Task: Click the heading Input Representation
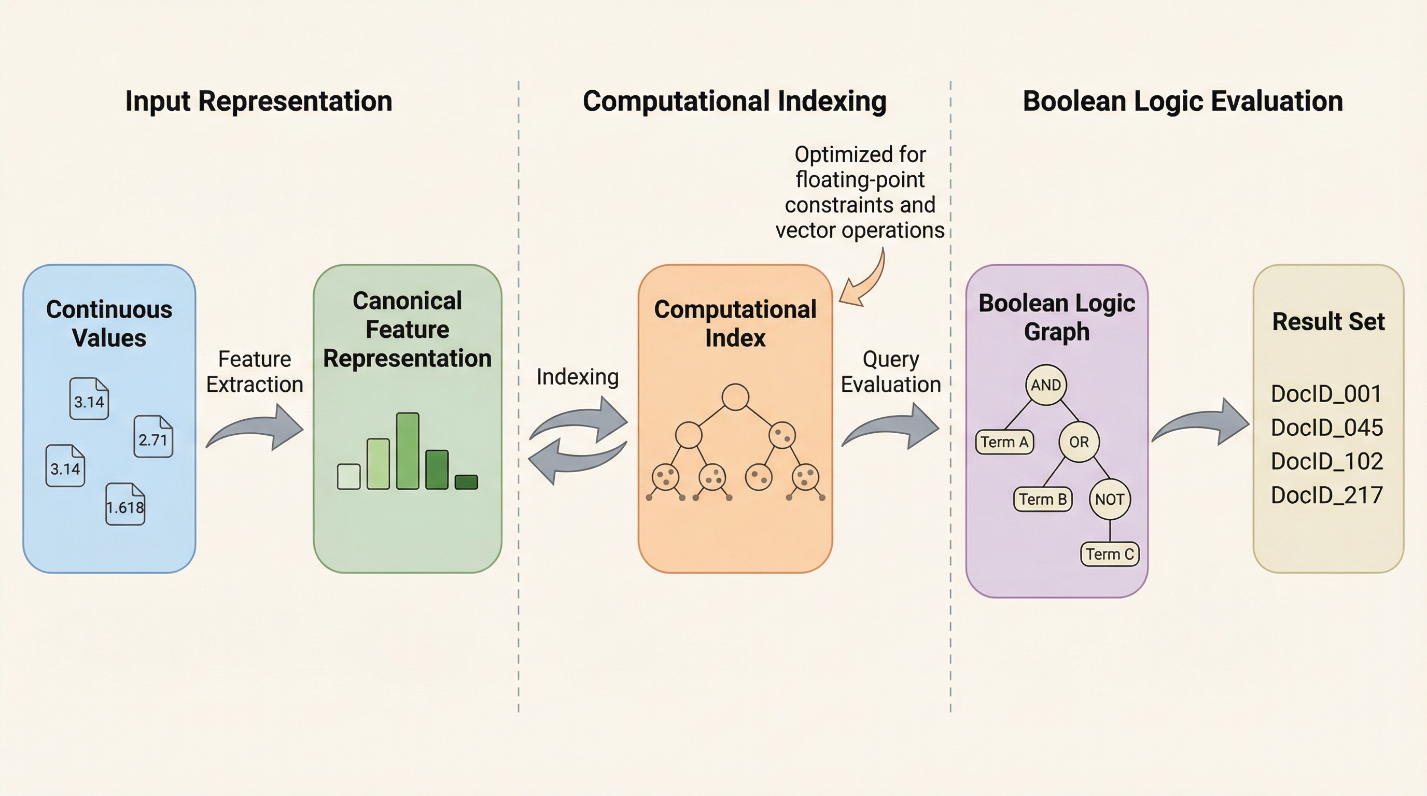click(259, 101)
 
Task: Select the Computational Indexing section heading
click(735, 101)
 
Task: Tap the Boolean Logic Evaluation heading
click(1183, 101)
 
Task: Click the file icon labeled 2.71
click(153, 437)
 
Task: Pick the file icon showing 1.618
click(125, 504)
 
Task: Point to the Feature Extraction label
click(255, 372)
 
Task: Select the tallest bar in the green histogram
click(408, 451)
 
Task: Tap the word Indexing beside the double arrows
click(577, 377)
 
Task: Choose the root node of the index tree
click(735, 397)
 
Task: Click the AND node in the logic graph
click(1046, 385)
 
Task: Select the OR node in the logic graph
click(1079, 442)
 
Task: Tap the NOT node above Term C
click(1110, 499)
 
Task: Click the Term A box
click(1004, 442)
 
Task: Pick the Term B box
click(1043, 499)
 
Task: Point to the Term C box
click(1110, 554)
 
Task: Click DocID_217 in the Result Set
click(1326, 495)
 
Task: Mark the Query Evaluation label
click(891, 372)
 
